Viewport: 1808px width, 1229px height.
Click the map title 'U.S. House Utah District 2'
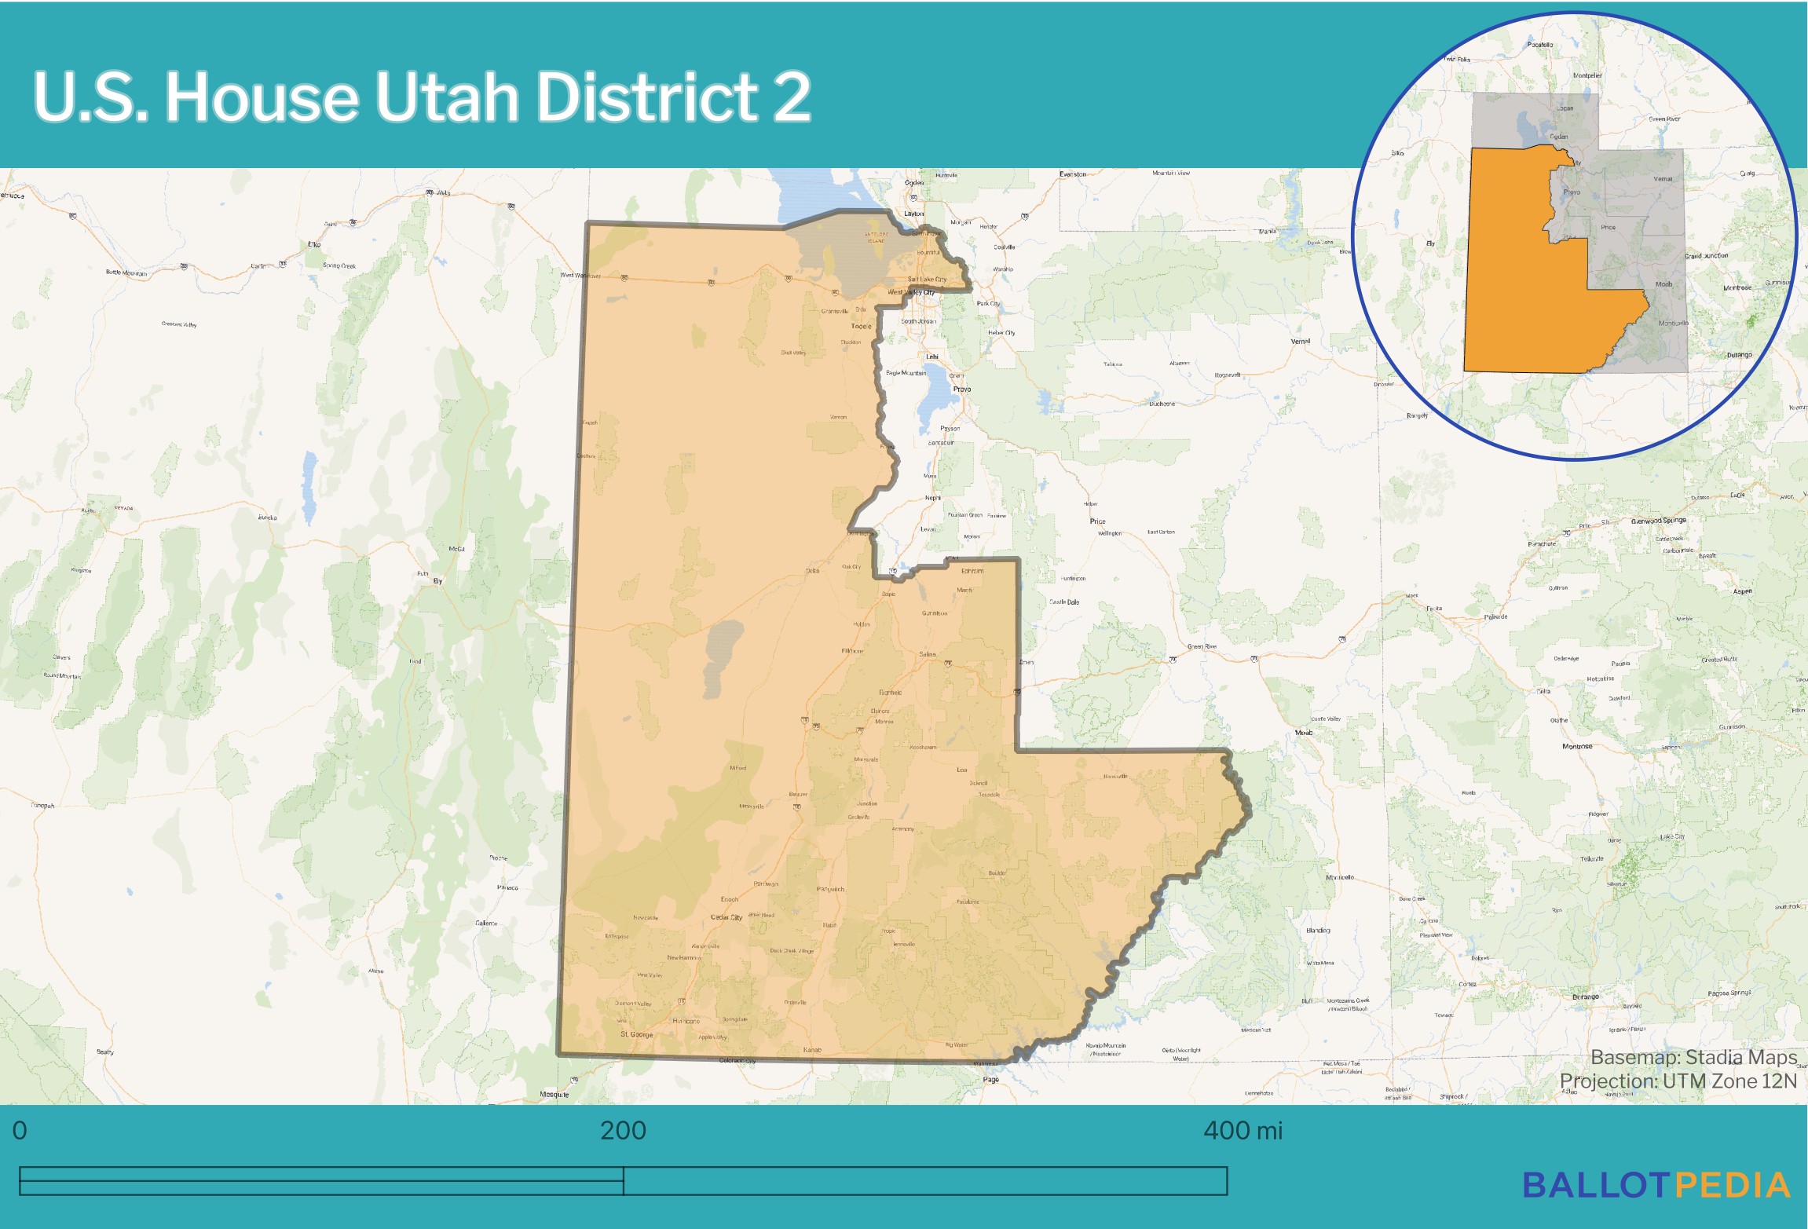coord(422,97)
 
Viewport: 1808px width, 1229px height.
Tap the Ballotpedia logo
coord(1656,1186)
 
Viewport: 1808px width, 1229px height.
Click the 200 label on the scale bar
coord(623,1131)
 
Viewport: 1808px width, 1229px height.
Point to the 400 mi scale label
coord(1243,1131)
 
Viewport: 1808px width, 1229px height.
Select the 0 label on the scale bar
coord(20,1131)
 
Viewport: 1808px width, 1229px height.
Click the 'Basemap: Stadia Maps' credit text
coord(1693,1057)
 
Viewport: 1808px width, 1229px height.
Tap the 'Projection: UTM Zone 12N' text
coord(1678,1081)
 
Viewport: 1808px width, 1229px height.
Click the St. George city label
coord(636,1034)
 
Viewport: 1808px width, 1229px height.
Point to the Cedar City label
coord(726,917)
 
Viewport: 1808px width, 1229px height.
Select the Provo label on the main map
coord(961,390)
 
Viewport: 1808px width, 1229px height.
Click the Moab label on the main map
coord(1304,733)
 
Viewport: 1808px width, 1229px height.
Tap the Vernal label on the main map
coord(1301,342)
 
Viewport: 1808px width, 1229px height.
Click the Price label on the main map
coord(1097,521)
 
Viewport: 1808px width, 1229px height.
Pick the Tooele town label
coord(861,326)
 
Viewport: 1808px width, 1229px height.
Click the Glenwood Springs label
coord(1658,521)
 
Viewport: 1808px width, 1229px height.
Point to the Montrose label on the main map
coord(1577,747)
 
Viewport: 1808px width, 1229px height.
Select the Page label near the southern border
coord(991,1080)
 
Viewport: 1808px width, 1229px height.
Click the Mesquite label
coord(554,1095)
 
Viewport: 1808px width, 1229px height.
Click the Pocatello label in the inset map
coord(1540,45)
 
